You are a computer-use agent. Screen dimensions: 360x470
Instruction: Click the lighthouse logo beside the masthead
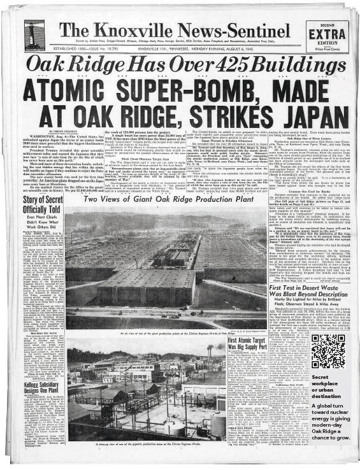[34, 36]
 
